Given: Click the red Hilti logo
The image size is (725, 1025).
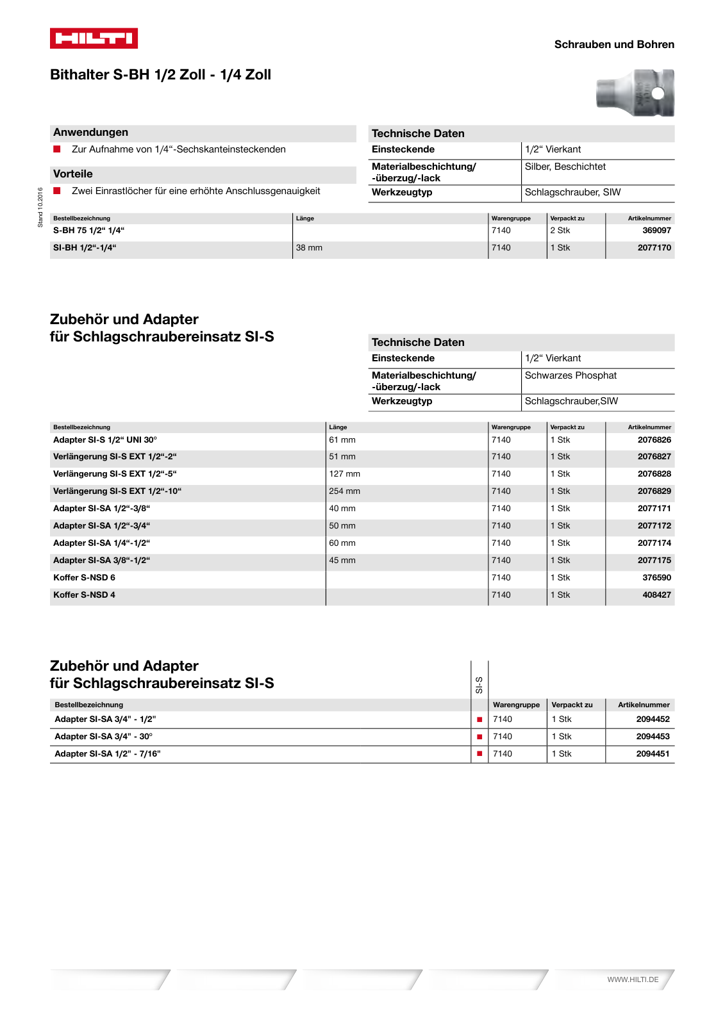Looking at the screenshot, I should click(94, 38).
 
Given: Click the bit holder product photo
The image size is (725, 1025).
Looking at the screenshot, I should click(635, 93).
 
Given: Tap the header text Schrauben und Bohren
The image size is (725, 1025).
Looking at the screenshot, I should click(613, 44).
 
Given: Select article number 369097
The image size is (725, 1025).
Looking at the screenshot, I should click(656, 231).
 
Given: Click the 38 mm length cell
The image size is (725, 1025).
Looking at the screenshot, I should click(309, 248).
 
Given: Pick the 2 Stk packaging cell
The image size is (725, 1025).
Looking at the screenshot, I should click(560, 231).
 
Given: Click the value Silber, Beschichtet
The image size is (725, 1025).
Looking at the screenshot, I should click(565, 167).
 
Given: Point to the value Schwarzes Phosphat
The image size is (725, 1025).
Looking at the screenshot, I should click(571, 375).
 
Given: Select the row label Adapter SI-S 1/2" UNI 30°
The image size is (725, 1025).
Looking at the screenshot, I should click(104, 440).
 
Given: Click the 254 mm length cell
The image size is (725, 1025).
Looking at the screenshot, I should click(344, 491).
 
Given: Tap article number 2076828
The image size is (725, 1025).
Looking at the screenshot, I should click(654, 474).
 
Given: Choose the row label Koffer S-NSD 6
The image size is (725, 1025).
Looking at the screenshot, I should click(84, 578).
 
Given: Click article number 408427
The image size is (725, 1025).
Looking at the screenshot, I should click(656, 595).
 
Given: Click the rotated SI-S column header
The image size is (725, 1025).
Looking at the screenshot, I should click(479, 685).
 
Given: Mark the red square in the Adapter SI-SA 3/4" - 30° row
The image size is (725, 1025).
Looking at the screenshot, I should click(479, 737).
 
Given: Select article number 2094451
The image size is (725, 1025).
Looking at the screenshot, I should click(653, 754).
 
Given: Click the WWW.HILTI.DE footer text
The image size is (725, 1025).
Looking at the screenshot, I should click(633, 980).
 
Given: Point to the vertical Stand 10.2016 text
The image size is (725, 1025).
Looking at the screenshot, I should click(40, 207).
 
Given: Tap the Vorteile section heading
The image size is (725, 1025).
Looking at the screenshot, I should click(73, 174).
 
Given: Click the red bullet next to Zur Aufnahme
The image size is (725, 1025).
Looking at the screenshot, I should click(57, 149).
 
